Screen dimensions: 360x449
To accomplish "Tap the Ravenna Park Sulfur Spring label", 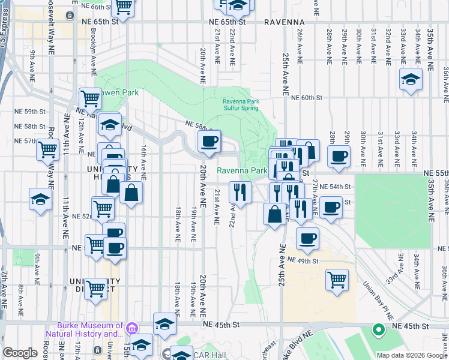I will [240, 105].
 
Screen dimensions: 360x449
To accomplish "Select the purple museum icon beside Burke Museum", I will [131, 328].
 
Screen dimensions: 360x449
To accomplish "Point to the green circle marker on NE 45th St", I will [378, 329].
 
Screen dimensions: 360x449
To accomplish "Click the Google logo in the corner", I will [20, 353].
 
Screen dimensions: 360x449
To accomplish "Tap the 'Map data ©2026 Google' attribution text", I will [411, 355].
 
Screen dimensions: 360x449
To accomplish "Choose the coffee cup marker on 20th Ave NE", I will [209, 142].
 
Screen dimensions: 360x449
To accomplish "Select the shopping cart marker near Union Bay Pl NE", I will [337, 279].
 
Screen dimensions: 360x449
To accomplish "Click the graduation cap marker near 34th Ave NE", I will [411, 80].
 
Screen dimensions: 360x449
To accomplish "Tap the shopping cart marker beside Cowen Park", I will [90, 98].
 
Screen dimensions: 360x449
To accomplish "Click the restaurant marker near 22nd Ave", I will [240, 193].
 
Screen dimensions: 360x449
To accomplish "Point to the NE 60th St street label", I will [308, 97].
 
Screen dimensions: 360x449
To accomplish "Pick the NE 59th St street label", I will [31, 112].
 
